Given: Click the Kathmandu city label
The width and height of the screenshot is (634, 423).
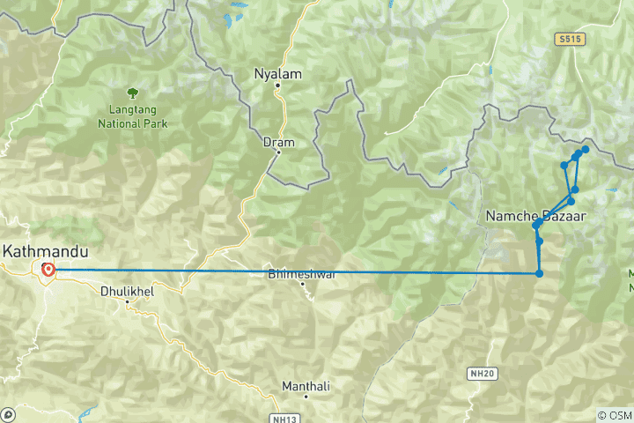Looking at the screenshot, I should pos(40,250).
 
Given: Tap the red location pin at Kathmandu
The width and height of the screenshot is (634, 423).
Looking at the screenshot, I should pos(48,271).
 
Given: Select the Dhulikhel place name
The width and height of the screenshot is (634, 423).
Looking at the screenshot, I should pos(127,289).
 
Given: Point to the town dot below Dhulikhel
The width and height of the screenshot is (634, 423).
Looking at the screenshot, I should pos(128,302).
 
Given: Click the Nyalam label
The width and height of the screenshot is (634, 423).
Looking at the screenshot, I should pos(277,74).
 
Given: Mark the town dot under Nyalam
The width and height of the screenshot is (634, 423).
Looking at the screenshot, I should pos(277,86).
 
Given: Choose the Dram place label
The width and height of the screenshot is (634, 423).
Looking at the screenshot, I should pos(278,141).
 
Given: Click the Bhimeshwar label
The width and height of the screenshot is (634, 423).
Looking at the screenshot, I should pos(302,274).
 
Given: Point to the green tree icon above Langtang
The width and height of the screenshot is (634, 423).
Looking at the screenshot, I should pos(132,91).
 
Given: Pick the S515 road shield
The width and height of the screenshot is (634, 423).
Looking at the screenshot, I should pos(570,40).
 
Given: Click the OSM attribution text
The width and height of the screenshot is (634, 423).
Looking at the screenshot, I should pos(615,414).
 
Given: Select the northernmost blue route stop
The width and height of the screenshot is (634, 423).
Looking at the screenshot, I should pos(585,150).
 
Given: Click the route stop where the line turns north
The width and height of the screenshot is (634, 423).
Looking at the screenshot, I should pos(539,273).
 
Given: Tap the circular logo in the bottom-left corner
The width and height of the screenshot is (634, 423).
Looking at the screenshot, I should pos(8,414).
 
